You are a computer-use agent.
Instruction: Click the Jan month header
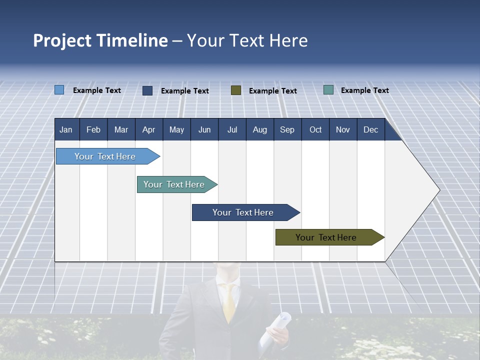point(66,130)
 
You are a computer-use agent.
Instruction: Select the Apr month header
point(149,130)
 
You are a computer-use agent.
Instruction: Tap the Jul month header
point(232,130)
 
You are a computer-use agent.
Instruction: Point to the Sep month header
point(287,130)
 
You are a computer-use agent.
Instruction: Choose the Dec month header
point(370,130)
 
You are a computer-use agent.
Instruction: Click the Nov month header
point(343,130)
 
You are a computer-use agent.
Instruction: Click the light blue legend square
point(59,90)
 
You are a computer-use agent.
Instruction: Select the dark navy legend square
point(147,90)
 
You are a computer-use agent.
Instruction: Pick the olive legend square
point(236,90)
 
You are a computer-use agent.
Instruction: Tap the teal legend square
point(328,90)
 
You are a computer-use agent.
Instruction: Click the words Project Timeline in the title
point(100,40)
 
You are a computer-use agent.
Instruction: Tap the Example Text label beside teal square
point(364,90)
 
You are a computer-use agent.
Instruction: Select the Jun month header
point(204,130)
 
